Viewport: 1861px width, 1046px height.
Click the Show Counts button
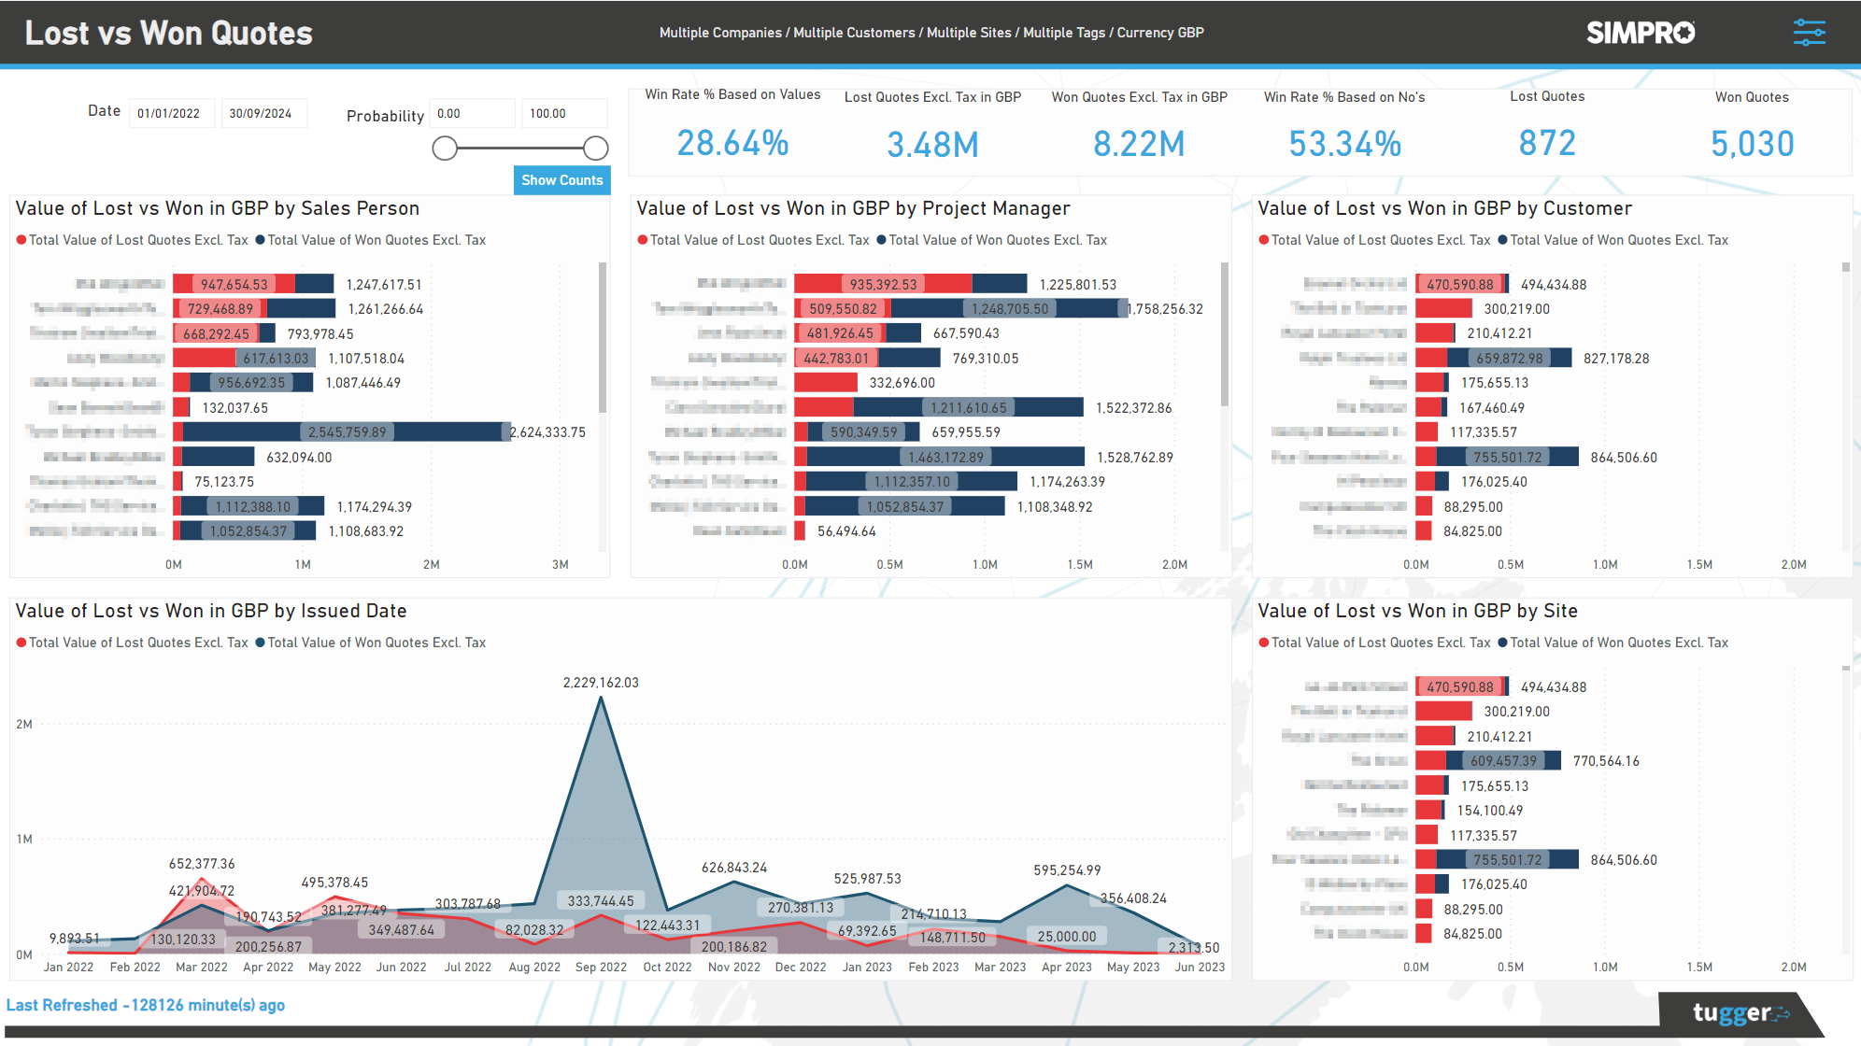click(x=561, y=180)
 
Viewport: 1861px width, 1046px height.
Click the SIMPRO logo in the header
click(x=1640, y=33)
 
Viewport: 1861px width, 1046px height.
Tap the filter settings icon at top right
click(x=1809, y=33)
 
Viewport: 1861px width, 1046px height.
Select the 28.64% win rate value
click(x=732, y=144)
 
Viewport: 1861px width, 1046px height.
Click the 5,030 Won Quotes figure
click(x=1752, y=144)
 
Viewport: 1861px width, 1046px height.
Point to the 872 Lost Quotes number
click(x=1547, y=144)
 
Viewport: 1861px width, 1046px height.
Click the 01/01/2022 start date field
click(x=171, y=114)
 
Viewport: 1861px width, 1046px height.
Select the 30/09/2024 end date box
click(x=263, y=114)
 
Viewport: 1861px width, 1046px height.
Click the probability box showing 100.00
click(x=562, y=114)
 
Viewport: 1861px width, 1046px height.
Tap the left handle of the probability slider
click(x=445, y=148)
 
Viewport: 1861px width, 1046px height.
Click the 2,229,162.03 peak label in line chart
click(x=601, y=683)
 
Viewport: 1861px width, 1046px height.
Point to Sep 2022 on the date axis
click(x=601, y=968)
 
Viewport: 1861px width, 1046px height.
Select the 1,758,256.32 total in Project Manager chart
click(x=1165, y=309)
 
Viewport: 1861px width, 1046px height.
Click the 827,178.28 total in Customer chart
click(x=1616, y=359)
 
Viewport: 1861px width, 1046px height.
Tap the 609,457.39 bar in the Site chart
click(x=1503, y=761)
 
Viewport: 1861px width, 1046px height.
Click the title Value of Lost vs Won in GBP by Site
click(x=1417, y=611)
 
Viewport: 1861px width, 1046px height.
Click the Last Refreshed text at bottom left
click(x=146, y=1005)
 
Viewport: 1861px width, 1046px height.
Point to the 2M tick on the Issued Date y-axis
click(x=24, y=725)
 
